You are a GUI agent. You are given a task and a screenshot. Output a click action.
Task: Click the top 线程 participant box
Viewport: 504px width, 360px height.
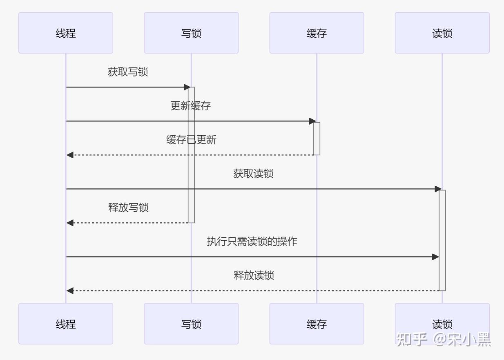pos(66,33)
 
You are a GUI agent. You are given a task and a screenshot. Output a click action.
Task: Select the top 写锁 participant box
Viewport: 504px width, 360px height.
pos(191,33)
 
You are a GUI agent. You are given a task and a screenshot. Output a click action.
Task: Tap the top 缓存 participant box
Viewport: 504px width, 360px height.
pos(317,33)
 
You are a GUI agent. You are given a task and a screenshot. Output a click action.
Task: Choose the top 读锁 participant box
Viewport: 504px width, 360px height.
pos(442,33)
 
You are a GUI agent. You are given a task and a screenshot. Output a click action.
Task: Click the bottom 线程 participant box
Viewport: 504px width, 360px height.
pos(66,324)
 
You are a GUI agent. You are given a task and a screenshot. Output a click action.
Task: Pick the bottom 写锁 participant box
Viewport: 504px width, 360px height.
pos(191,324)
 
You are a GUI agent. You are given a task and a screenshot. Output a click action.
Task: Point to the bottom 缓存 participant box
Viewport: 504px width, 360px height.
pos(317,324)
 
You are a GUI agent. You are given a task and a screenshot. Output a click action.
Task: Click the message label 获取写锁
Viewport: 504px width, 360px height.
pos(128,72)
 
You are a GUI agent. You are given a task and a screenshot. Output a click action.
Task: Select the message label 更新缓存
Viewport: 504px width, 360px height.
pos(191,106)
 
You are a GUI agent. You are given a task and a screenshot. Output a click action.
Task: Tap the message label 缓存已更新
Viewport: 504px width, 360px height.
pos(191,140)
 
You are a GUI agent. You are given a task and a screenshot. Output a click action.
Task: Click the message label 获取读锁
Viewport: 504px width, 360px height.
pos(253,174)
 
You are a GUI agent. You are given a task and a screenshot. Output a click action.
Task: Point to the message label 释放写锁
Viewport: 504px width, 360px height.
pos(128,208)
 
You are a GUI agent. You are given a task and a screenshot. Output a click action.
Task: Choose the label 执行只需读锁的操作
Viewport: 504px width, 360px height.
pos(252,241)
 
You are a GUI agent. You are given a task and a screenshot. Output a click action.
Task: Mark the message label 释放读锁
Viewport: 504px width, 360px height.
pos(254,275)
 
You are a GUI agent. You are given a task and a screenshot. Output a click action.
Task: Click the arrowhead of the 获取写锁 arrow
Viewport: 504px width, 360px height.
pos(187,87)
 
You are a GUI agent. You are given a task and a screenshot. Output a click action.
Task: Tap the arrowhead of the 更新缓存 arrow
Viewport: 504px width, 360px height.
pos(312,121)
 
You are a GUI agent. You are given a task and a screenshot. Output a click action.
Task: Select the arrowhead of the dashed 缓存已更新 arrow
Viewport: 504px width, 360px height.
pos(70,155)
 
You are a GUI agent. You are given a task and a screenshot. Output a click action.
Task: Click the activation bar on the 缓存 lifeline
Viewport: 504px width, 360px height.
pos(317,138)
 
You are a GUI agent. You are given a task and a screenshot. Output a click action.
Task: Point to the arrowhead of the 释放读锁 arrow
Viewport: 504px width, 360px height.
pos(70,291)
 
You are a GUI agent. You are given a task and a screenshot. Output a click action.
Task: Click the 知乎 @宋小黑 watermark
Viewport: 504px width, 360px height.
pos(443,339)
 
